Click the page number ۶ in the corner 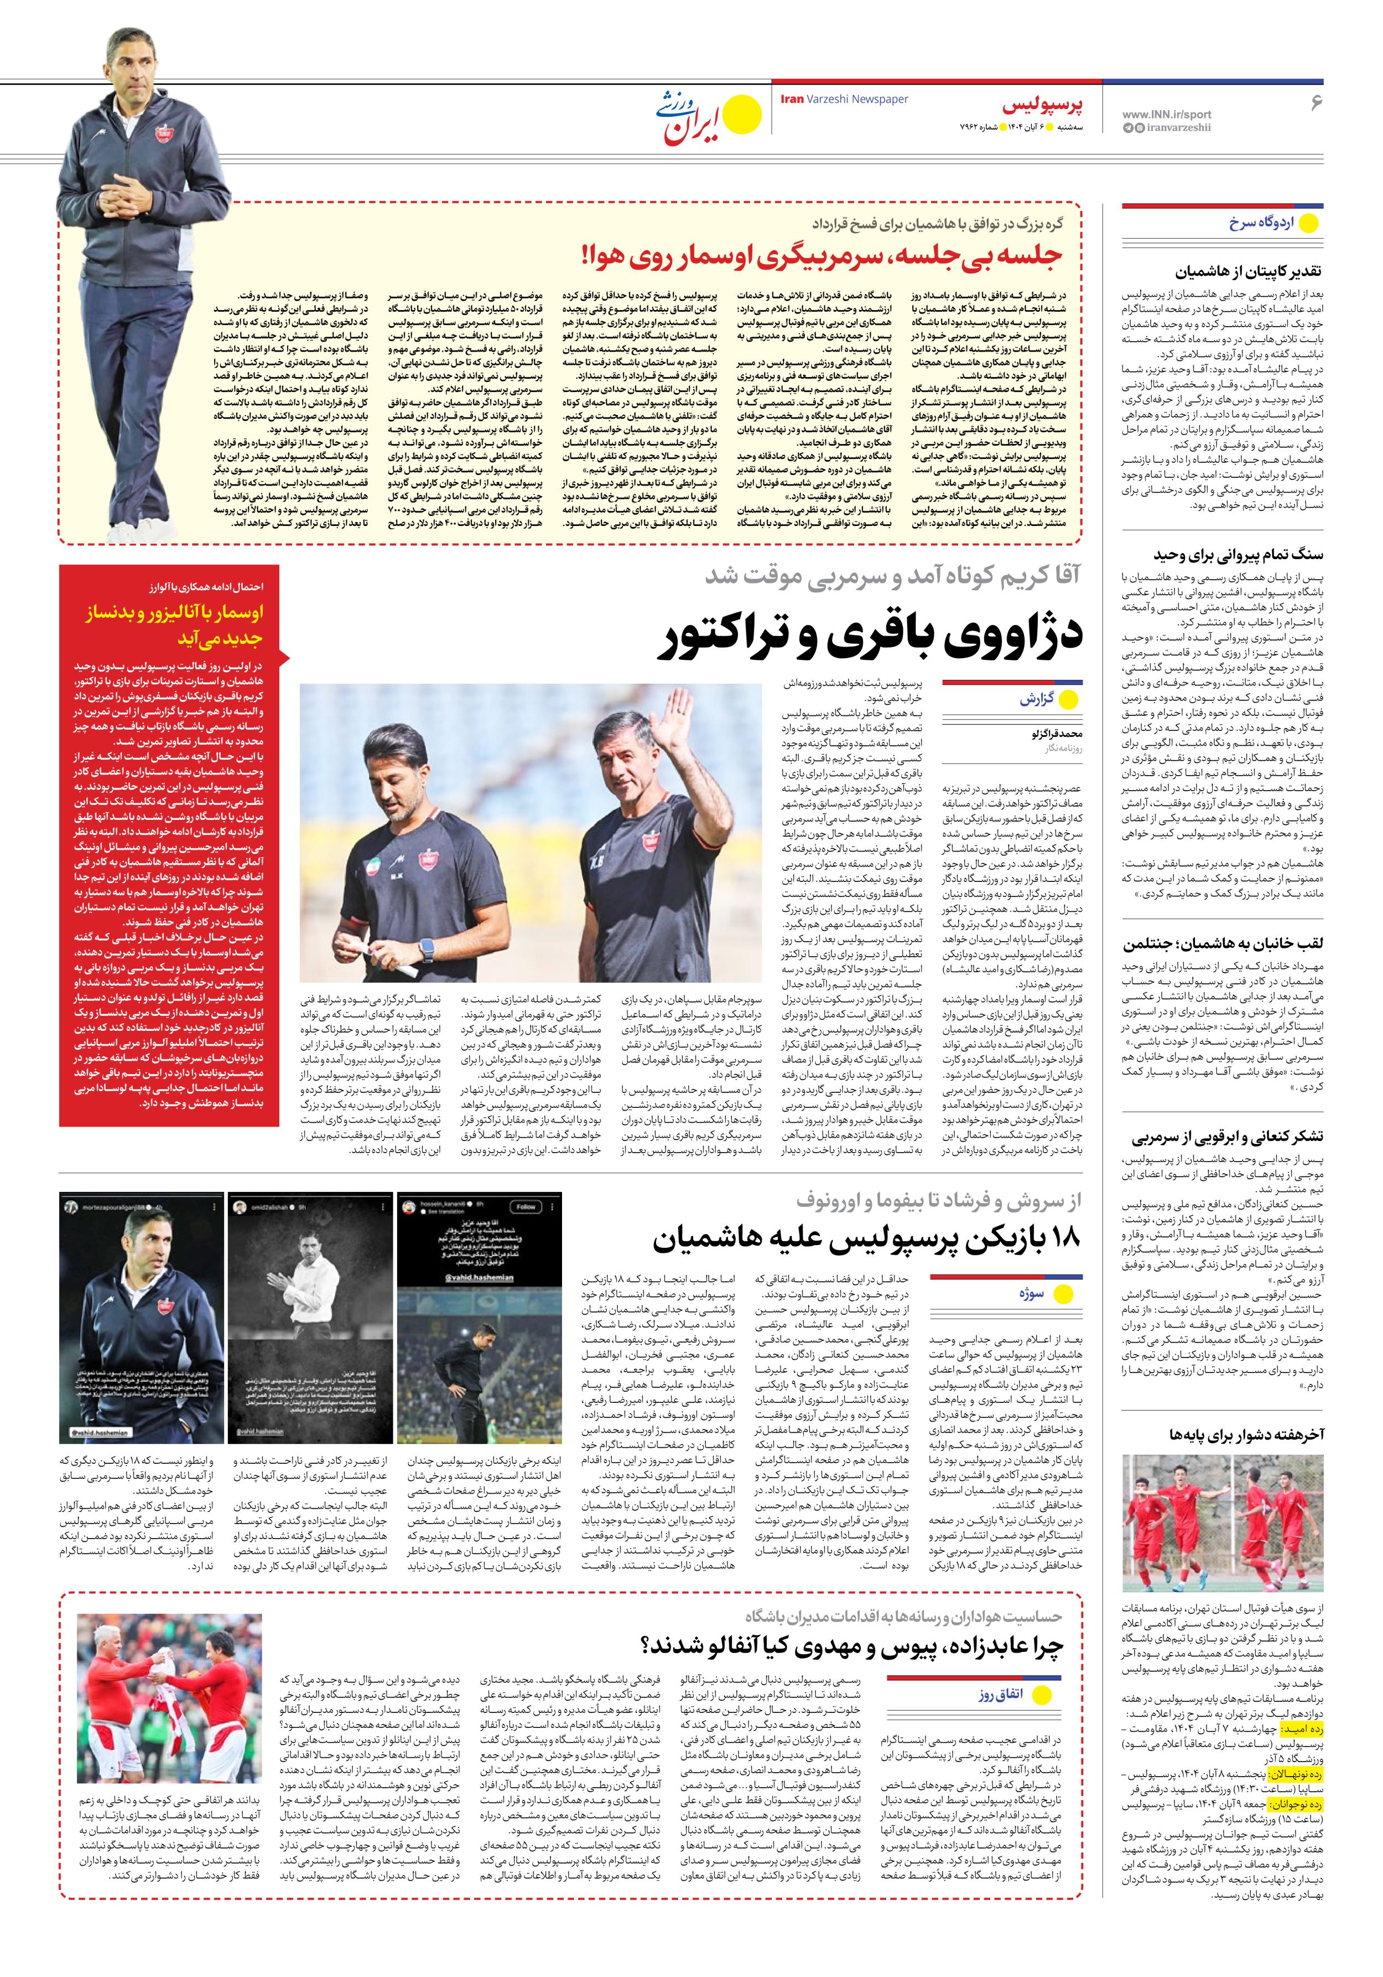click(1315, 102)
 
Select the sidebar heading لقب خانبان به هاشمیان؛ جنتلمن click(1222, 944)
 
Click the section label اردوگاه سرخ click(1261, 223)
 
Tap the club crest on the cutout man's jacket click(164, 133)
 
